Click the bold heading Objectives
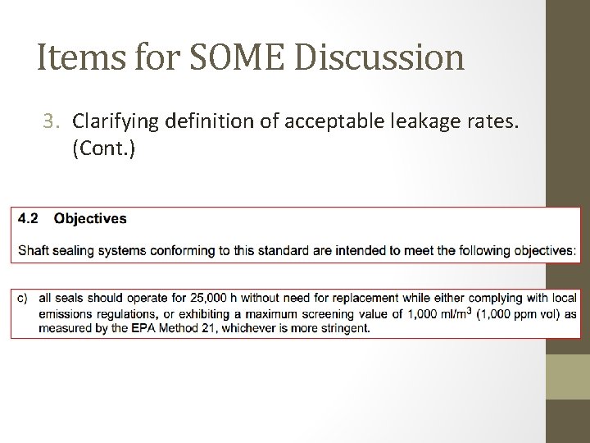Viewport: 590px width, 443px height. [x=90, y=219]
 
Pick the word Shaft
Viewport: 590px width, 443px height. [x=34, y=250]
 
